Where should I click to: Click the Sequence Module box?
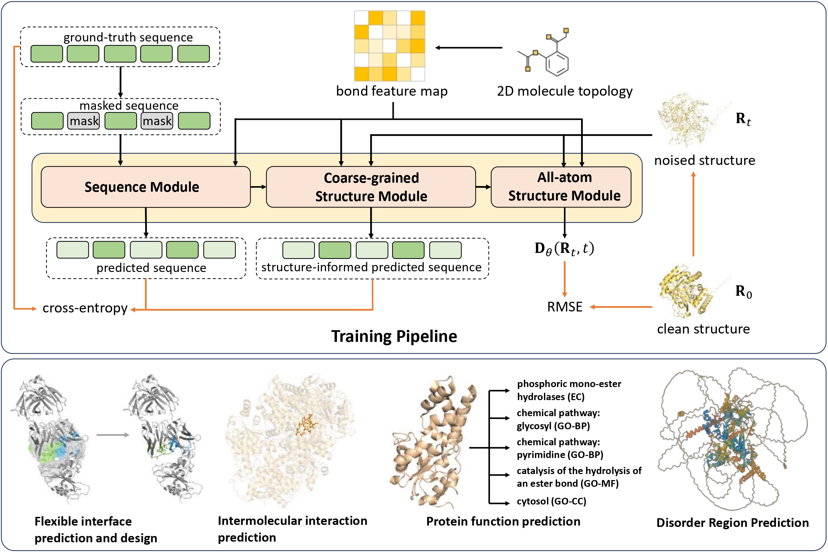pos(146,187)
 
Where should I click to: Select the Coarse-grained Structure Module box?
pos(371,187)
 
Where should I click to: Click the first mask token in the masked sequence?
pos(83,121)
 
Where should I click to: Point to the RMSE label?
pos(565,307)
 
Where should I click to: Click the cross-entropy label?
pos(85,308)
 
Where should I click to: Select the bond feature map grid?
pos(390,46)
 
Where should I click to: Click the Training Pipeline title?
pos(394,336)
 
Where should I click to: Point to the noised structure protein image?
pos(690,120)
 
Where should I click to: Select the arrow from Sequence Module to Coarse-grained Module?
pos(258,187)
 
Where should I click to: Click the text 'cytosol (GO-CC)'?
pos(551,501)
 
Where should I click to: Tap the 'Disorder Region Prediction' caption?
pos(733,523)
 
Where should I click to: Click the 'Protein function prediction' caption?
pos(503,521)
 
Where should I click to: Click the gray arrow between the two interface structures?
pos(113,435)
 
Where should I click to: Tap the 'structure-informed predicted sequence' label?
pos(371,267)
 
